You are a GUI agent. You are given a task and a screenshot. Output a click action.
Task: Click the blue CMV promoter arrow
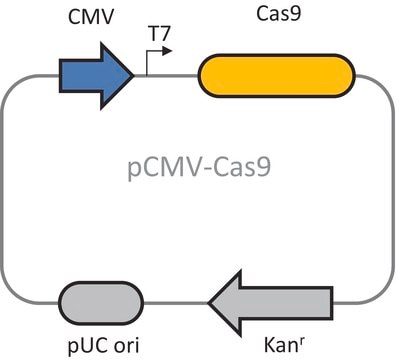coord(96,76)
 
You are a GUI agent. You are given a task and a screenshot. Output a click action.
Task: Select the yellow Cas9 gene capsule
coord(276,76)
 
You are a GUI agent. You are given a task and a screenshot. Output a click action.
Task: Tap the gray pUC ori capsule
coord(101,303)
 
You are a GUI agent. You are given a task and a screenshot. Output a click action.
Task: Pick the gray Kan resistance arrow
coord(270,303)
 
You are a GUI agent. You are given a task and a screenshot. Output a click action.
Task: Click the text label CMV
coord(91,17)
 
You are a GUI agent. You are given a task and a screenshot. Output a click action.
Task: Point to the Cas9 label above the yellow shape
coord(279,14)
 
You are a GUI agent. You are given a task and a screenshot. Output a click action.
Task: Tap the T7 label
coord(159,34)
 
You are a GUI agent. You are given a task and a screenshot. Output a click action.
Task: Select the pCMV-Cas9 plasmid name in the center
coord(199,167)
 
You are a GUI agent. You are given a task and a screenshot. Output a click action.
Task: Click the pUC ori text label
coord(103,346)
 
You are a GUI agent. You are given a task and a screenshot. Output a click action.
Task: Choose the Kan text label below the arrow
coord(280,345)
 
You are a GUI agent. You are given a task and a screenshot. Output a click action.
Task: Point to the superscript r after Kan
coord(301,342)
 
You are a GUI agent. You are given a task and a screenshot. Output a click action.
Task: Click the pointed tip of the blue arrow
coord(134,76)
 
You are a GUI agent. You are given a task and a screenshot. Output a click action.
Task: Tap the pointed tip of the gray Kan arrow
coord(208,303)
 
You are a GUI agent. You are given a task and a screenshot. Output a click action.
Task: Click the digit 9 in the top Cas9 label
coord(295,14)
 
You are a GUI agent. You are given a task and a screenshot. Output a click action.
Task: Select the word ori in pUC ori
coord(127,345)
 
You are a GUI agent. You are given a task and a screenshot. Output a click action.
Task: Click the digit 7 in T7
coord(165,34)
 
